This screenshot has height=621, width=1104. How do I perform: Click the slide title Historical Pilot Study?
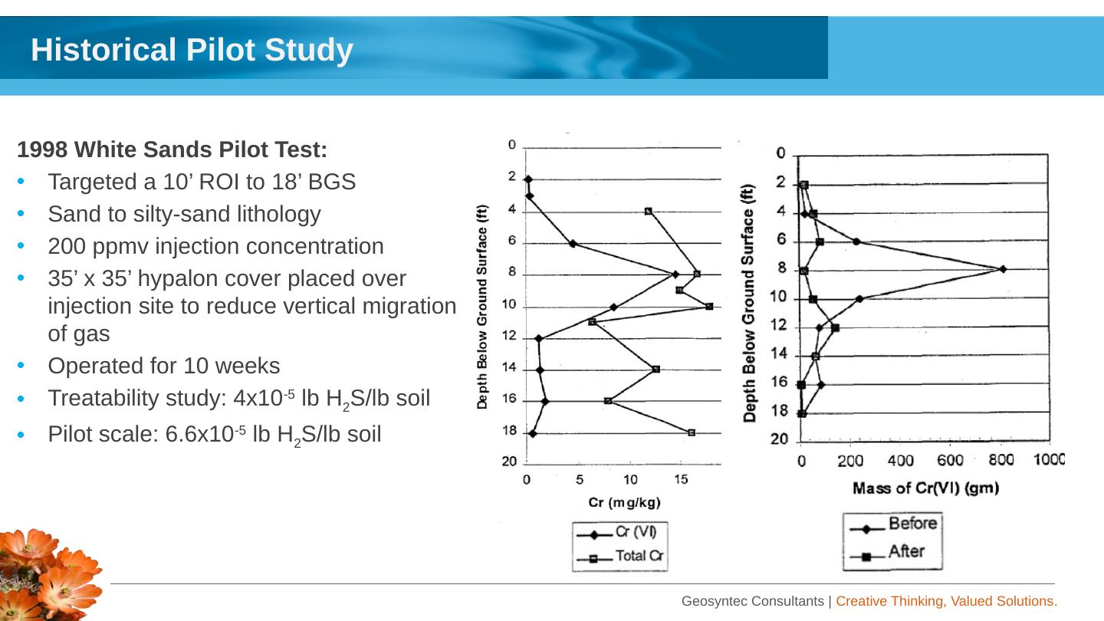(x=192, y=51)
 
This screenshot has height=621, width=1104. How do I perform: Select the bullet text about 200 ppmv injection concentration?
(x=215, y=247)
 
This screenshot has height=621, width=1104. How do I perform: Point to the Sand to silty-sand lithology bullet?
(x=184, y=214)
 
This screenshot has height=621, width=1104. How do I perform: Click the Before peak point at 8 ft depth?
(x=1003, y=269)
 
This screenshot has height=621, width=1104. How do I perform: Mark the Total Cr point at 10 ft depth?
(x=709, y=307)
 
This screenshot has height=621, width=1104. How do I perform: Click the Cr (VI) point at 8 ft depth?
(x=675, y=274)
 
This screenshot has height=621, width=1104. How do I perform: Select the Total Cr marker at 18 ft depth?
(x=692, y=433)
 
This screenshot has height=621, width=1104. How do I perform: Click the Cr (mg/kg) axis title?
(x=624, y=503)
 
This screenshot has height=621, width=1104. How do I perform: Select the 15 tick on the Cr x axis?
(x=681, y=480)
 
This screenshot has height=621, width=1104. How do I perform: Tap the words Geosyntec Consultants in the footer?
(x=753, y=602)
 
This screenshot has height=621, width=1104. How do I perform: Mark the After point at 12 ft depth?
(x=835, y=328)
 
